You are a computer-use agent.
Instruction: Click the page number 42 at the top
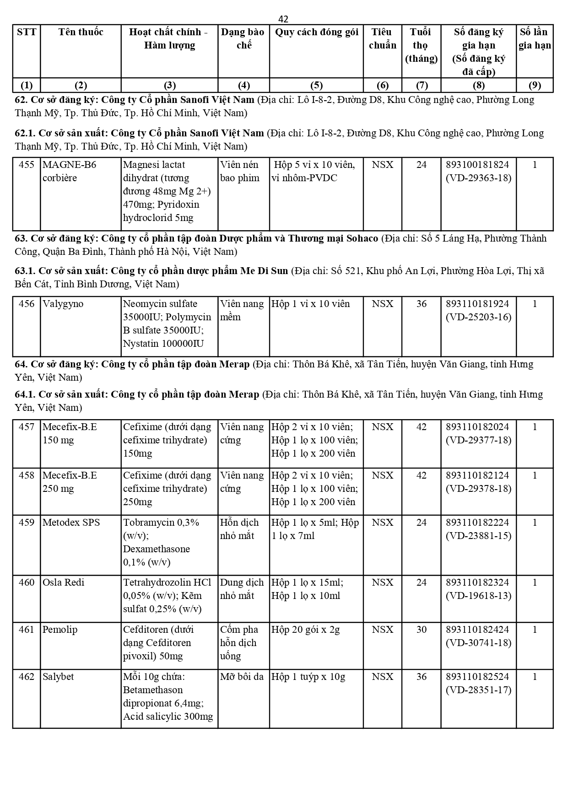283,19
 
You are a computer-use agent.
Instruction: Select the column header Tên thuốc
81,32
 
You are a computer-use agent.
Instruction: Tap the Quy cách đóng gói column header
316,32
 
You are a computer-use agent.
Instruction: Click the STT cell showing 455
27,165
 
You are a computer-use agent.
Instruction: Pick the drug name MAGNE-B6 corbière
70,171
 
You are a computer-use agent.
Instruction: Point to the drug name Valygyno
63,304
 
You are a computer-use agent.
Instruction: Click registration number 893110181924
478,304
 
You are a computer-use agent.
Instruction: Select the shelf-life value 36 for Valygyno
421,304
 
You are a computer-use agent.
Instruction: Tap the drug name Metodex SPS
71,523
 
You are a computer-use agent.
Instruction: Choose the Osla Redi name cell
64,582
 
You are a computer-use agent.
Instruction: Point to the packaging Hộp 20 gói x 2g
305,630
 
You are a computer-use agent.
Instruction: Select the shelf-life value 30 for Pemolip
421,630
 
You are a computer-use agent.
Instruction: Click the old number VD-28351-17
479,690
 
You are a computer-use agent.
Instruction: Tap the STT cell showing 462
27,677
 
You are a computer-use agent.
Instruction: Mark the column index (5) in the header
316,85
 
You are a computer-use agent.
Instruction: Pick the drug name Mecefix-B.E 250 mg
70,482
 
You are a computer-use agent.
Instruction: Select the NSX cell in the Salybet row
382,677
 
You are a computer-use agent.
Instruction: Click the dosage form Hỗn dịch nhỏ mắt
239,529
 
